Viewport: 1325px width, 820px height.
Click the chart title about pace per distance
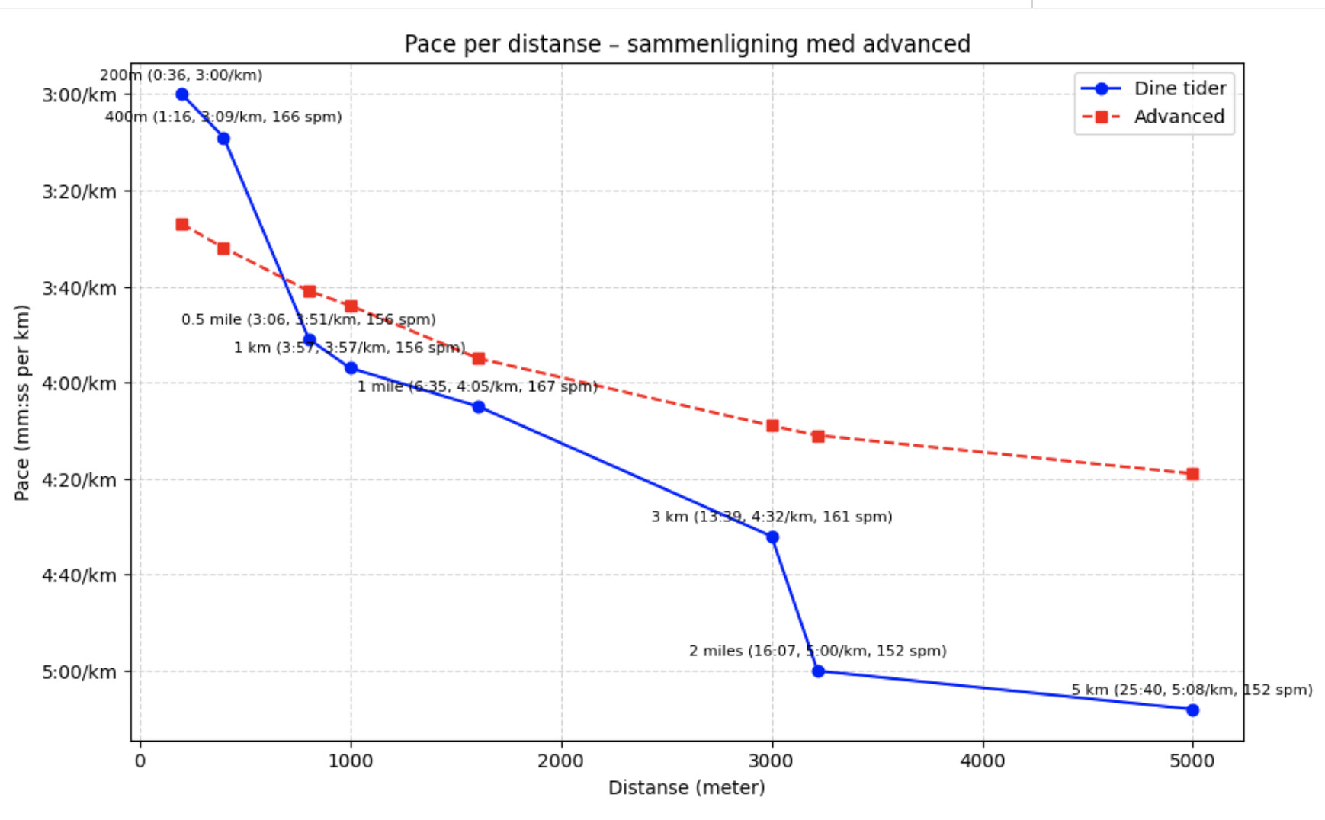click(x=687, y=44)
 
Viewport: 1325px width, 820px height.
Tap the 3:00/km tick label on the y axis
click(x=79, y=95)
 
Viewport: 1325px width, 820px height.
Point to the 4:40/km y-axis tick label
click(x=79, y=575)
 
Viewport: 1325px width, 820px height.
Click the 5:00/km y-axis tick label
click(x=79, y=672)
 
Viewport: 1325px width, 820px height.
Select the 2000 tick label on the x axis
click(x=561, y=761)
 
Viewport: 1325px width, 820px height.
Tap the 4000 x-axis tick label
click(x=983, y=761)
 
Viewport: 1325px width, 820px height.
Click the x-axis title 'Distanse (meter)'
click(x=687, y=788)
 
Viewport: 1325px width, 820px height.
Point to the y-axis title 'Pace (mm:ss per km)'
click(x=22, y=402)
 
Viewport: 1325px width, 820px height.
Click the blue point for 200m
click(x=182, y=94)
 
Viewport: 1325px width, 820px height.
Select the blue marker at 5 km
click(x=1193, y=710)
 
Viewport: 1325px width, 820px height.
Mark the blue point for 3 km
click(x=772, y=537)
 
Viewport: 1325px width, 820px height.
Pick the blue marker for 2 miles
click(x=818, y=671)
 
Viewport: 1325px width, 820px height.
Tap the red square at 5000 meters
click(x=1193, y=474)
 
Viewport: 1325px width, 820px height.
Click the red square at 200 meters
click(x=182, y=225)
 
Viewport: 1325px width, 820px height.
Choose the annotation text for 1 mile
click(x=477, y=387)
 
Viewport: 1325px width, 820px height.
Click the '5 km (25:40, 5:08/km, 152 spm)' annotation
click(x=1192, y=690)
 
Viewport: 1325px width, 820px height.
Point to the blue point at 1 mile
click(x=479, y=407)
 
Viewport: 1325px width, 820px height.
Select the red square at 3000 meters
click(x=772, y=426)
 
